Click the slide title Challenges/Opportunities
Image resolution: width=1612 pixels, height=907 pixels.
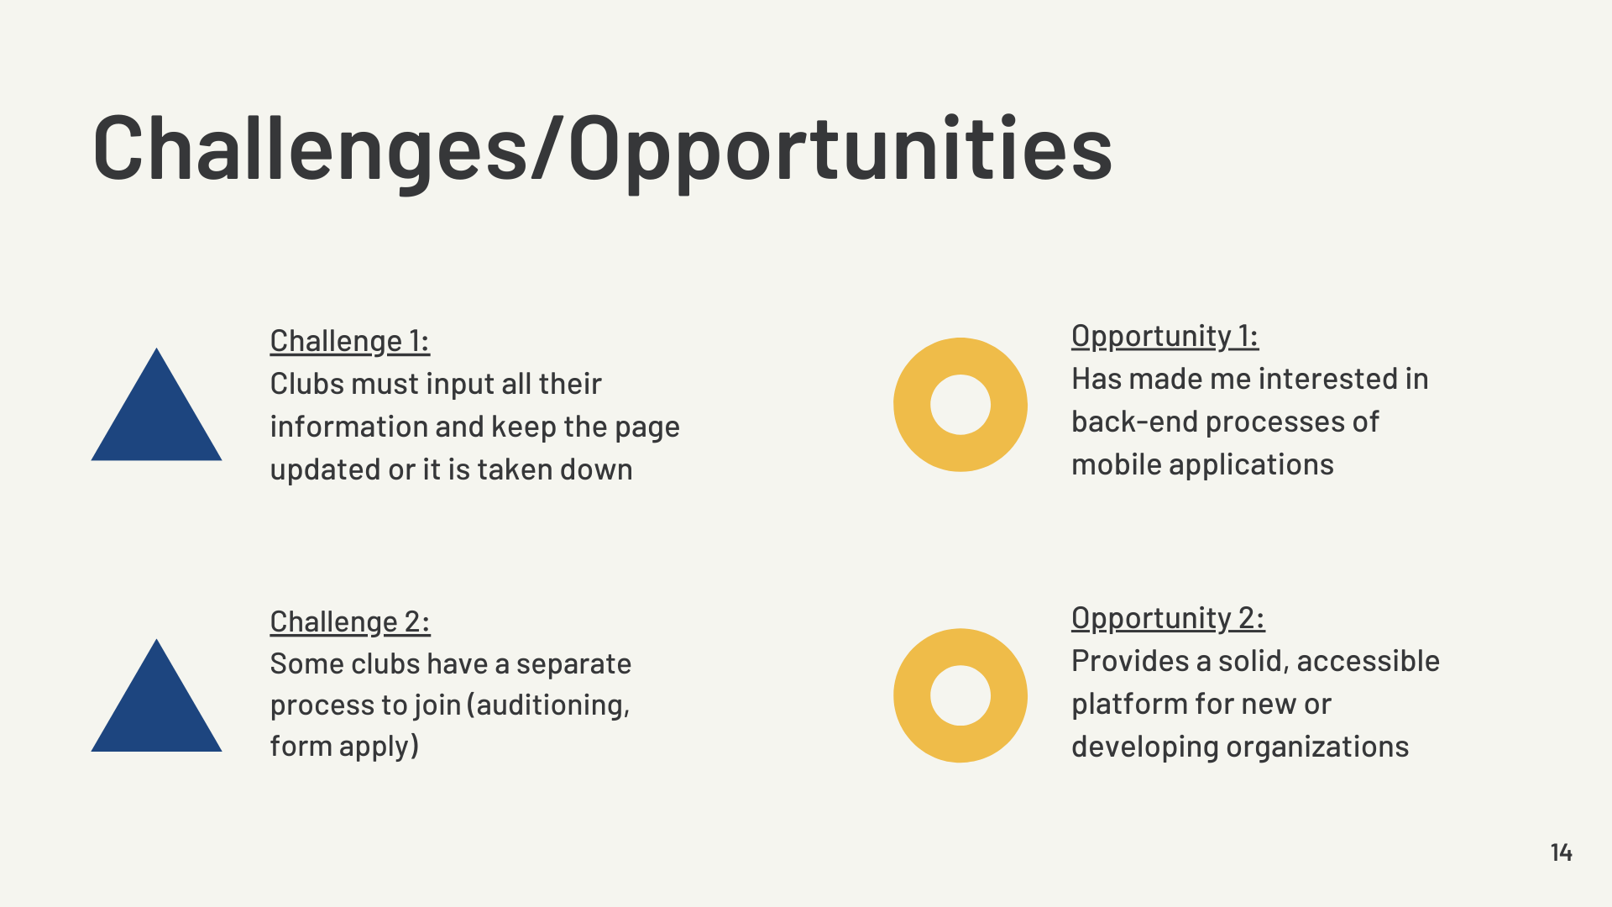tap(602, 149)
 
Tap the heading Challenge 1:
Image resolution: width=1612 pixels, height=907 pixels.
tap(349, 341)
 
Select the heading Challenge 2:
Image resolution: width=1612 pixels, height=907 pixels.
tap(350, 621)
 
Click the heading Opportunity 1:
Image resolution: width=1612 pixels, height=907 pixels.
tap(1165, 336)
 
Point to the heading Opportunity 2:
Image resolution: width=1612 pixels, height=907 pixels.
tap(1168, 618)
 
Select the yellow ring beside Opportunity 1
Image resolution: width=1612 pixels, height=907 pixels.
tap(912, 405)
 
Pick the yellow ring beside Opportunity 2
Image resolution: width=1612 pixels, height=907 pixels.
tap(912, 695)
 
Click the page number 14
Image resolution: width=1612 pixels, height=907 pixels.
tap(1561, 852)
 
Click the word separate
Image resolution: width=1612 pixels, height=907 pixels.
tap(573, 665)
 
